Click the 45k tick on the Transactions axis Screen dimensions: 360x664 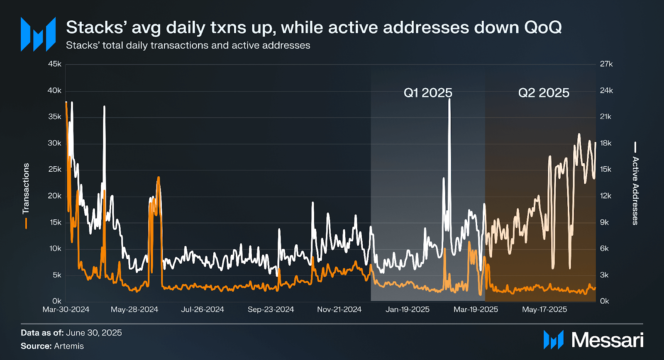click(x=54, y=64)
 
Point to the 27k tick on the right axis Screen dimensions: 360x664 click(x=606, y=64)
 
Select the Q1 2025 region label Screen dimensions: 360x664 click(x=428, y=92)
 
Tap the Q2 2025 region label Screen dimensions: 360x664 click(x=544, y=92)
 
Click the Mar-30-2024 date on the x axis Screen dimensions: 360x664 click(x=66, y=309)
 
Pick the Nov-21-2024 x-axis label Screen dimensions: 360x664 click(x=339, y=309)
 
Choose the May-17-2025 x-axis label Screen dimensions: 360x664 click(x=544, y=309)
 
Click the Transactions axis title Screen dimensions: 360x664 click(x=26, y=188)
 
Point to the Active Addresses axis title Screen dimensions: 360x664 click(x=635, y=191)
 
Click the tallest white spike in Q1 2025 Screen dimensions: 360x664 click(x=449, y=100)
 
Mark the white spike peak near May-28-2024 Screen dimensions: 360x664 click(x=104, y=107)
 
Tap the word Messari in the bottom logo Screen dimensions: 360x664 click(x=607, y=340)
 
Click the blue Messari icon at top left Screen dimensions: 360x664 click(x=38, y=34)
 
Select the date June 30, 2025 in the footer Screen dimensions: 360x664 click(x=94, y=333)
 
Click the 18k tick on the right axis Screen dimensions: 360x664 click(x=606, y=143)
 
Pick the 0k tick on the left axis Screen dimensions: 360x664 click(x=57, y=301)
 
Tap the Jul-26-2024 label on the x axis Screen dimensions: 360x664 click(x=203, y=309)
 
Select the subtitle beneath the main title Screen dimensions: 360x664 click(x=188, y=45)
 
